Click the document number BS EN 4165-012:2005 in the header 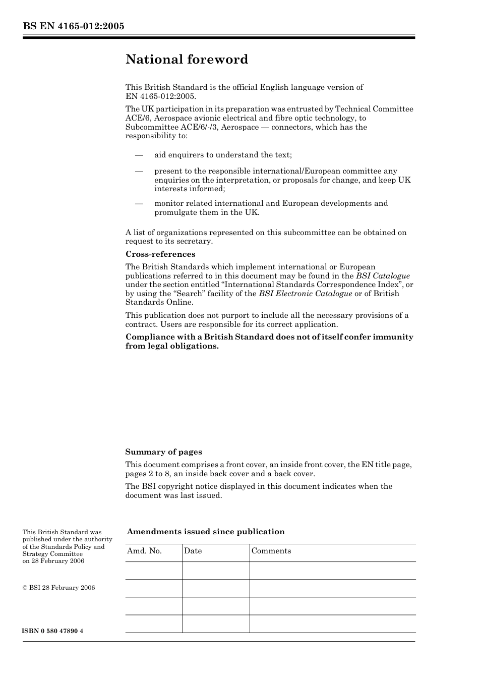click(73, 26)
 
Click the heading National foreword click(187, 60)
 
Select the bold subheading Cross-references click(160, 254)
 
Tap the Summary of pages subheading click(163, 452)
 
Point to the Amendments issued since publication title click(206, 532)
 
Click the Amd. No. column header click(144, 551)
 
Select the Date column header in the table click(193, 551)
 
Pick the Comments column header click(271, 551)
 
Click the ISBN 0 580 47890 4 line click(53, 632)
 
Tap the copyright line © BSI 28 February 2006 click(58, 588)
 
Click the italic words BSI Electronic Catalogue click(305, 294)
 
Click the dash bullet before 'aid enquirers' click(139, 155)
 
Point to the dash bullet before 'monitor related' click(139, 203)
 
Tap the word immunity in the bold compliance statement click(393, 337)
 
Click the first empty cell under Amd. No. click(153, 571)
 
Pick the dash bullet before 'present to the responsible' click(139, 171)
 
